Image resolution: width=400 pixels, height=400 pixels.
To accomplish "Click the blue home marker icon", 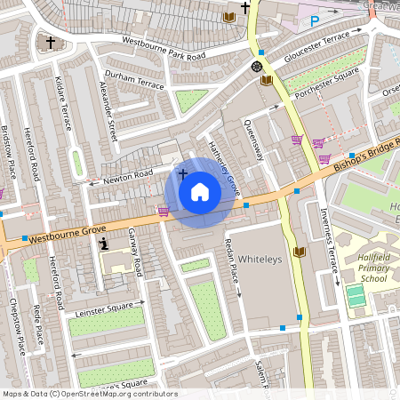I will coord(200,191).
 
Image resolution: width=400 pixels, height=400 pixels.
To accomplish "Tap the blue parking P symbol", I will coord(314,20).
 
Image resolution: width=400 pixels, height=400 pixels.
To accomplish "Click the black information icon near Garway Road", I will coord(104,244).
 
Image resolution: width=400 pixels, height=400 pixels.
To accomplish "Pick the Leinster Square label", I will coord(103,308).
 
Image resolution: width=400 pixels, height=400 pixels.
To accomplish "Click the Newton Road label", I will coord(131,178).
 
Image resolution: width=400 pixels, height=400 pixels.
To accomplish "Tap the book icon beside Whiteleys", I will coord(299,252).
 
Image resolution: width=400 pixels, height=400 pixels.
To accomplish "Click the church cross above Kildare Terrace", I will coord(51,42).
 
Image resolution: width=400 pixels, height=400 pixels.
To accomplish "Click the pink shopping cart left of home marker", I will coord(163,212).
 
